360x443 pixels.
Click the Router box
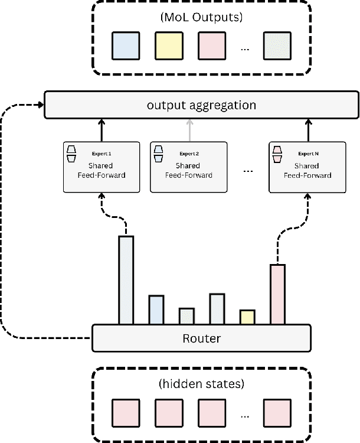click(201, 338)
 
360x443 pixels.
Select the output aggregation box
click(201, 105)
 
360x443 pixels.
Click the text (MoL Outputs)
click(201, 17)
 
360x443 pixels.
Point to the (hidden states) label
click(201, 383)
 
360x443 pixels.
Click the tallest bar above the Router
click(126, 280)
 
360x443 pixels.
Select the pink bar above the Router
click(277, 294)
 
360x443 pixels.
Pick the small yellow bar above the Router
click(247, 317)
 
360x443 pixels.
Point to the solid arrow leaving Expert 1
click(101, 130)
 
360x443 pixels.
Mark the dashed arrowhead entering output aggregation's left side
click(41, 106)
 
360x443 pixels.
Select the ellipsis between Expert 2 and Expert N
click(248, 171)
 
